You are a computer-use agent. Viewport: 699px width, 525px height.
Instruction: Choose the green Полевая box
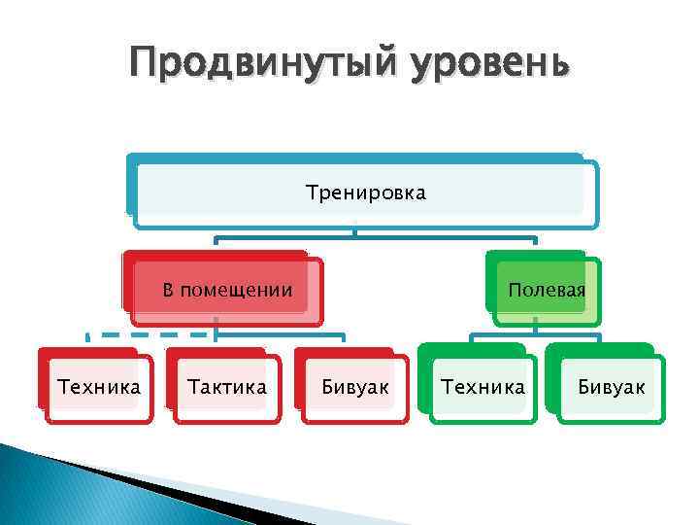click(544, 289)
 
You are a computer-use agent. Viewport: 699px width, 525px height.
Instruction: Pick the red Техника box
click(97, 386)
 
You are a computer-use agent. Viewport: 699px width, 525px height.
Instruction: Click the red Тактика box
click(225, 386)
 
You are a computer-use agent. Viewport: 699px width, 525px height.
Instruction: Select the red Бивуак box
click(353, 386)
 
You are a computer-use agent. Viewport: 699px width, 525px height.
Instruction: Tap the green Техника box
click(482, 386)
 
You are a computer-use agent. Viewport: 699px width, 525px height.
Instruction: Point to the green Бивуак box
click(610, 386)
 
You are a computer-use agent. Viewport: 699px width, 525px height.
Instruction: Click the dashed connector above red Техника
click(146, 335)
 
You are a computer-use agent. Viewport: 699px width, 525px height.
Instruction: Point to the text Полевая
click(547, 290)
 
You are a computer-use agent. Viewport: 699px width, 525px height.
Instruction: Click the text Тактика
click(227, 387)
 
